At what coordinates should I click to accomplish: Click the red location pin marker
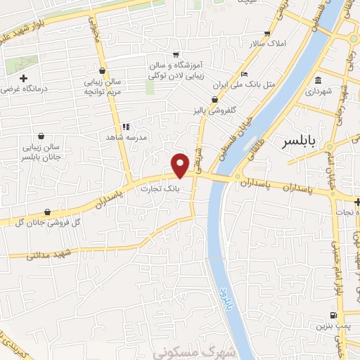181,165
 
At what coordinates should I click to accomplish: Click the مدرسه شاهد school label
125,138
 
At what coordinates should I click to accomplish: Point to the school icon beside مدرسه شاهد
126,127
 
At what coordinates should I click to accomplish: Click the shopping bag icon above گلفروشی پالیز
214,100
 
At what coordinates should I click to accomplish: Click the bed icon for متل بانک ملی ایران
243,75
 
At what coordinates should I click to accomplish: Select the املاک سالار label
266,44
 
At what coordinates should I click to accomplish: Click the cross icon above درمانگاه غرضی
23,77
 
